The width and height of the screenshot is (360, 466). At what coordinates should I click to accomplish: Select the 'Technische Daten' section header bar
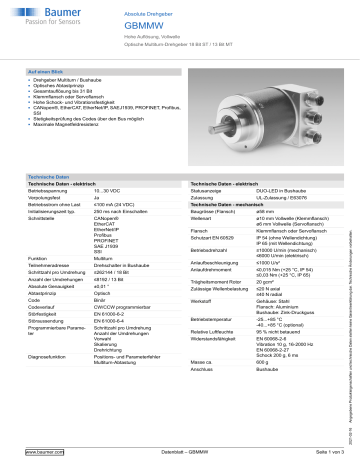pos(47,175)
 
